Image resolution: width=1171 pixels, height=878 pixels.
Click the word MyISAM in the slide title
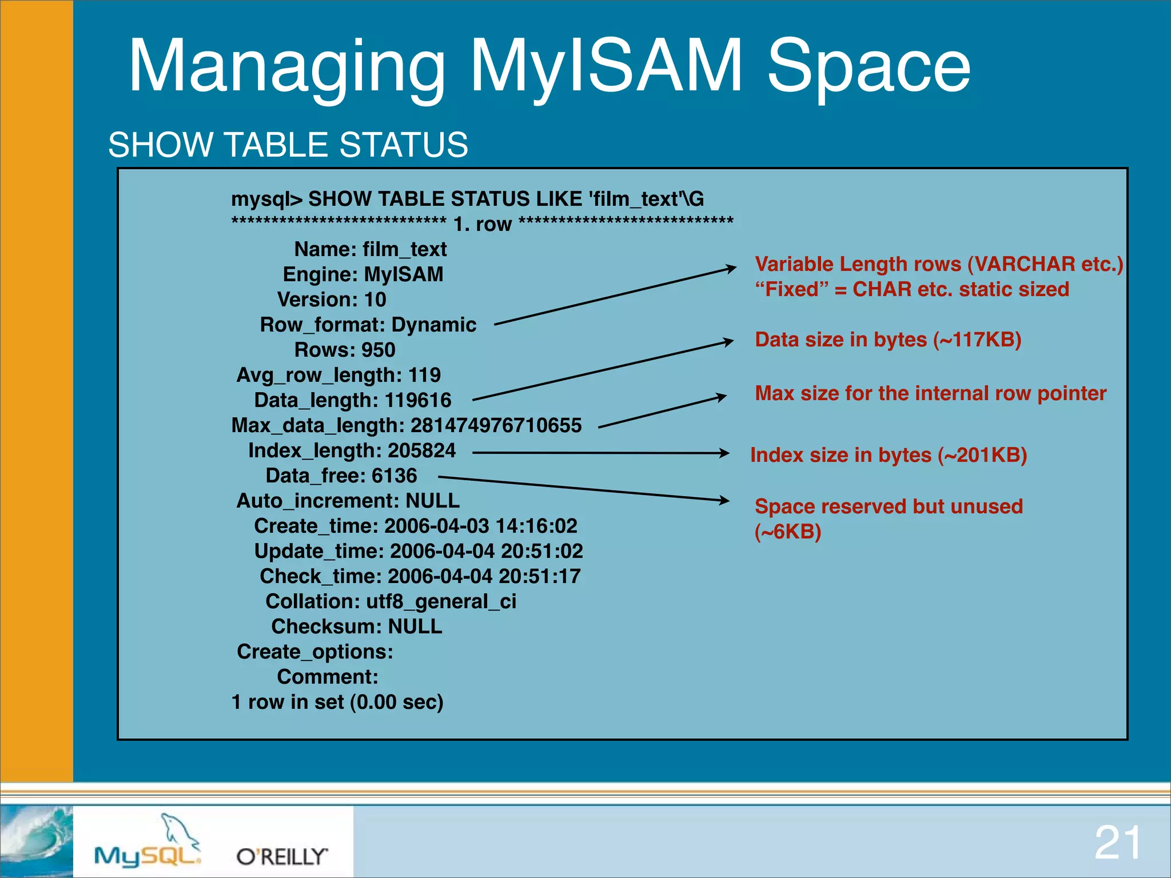pos(606,66)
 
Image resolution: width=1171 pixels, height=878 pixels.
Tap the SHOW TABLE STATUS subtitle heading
pos(288,145)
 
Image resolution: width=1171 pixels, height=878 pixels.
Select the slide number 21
pos(1117,843)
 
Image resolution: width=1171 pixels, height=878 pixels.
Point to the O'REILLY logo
pos(282,856)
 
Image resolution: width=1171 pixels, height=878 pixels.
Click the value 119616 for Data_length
pos(418,400)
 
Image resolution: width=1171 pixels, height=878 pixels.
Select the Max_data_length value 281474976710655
pos(496,425)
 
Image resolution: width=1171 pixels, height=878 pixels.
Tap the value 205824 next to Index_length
pos(421,450)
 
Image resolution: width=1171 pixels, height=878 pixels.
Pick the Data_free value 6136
pos(394,476)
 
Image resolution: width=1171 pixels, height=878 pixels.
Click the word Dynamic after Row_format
pos(433,325)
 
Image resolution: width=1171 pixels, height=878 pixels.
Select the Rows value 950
pos(378,350)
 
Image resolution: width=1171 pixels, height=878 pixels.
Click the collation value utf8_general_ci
pos(441,601)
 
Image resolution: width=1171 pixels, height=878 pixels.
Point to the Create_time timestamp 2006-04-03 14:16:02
pos(480,526)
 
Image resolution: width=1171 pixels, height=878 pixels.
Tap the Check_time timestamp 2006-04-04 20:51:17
pos(484,576)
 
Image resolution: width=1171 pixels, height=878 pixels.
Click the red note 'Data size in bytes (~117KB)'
pos(888,340)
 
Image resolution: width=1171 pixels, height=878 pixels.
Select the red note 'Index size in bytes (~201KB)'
pos(888,455)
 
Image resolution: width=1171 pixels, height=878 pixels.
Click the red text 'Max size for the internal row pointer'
pos(930,393)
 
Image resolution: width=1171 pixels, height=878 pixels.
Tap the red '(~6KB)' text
pos(787,532)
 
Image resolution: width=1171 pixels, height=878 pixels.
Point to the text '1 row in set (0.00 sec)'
pos(337,702)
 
